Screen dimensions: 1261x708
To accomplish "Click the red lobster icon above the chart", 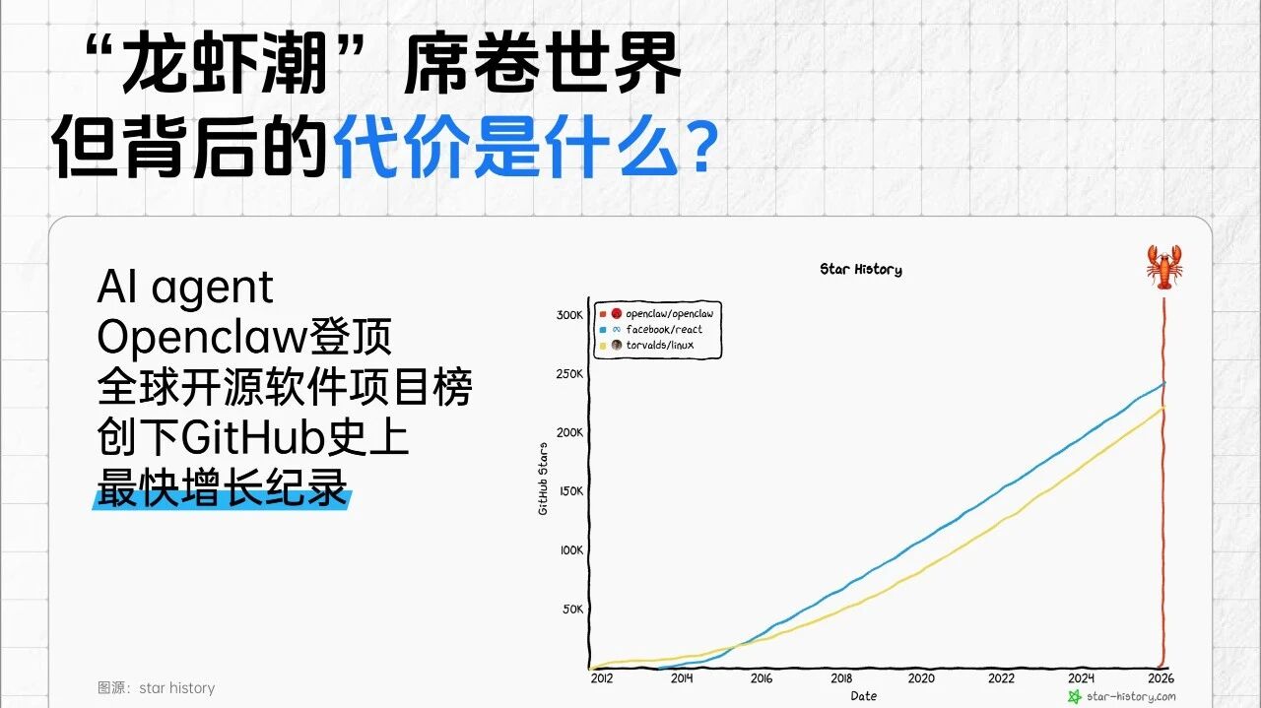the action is (x=1164, y=267).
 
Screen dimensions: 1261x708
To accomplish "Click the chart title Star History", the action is (x=861, y=270).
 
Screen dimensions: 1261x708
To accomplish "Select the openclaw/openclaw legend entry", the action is (x=656, y=313).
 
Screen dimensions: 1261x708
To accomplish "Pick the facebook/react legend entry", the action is (x=651, y=329).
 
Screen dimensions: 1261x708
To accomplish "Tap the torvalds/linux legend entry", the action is (x=647, y=345).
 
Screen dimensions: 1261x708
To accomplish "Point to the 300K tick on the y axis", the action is (x=569, y=314).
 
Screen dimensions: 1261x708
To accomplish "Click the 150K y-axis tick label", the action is (x=570, y=490).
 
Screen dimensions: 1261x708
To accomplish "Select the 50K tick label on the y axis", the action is (x=573, y=609).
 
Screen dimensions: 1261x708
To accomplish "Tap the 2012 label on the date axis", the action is (x=601, y=678).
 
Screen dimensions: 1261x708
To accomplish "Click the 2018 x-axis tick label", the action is (x=841, y=678).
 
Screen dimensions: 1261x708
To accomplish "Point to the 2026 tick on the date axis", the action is (x=1161, y=678).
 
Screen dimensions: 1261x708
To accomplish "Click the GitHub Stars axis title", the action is (x=543, y=479).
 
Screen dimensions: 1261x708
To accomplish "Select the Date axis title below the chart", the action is (x=864, y=696).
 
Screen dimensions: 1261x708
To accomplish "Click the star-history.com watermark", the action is (x=1122, y=697).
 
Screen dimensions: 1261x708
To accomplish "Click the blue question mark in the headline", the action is (x=701, y=149).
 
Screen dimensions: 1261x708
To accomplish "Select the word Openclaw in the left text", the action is (x=202, y=338).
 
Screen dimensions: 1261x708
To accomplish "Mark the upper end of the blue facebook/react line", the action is (x=1164, y=383).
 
